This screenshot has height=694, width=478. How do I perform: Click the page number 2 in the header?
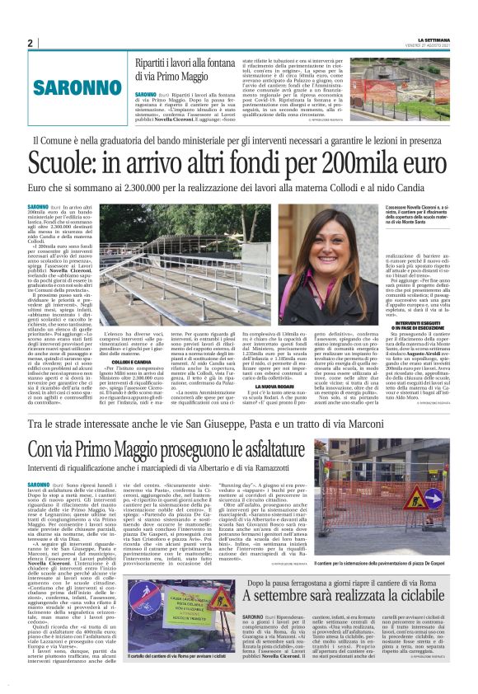(30, 43)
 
